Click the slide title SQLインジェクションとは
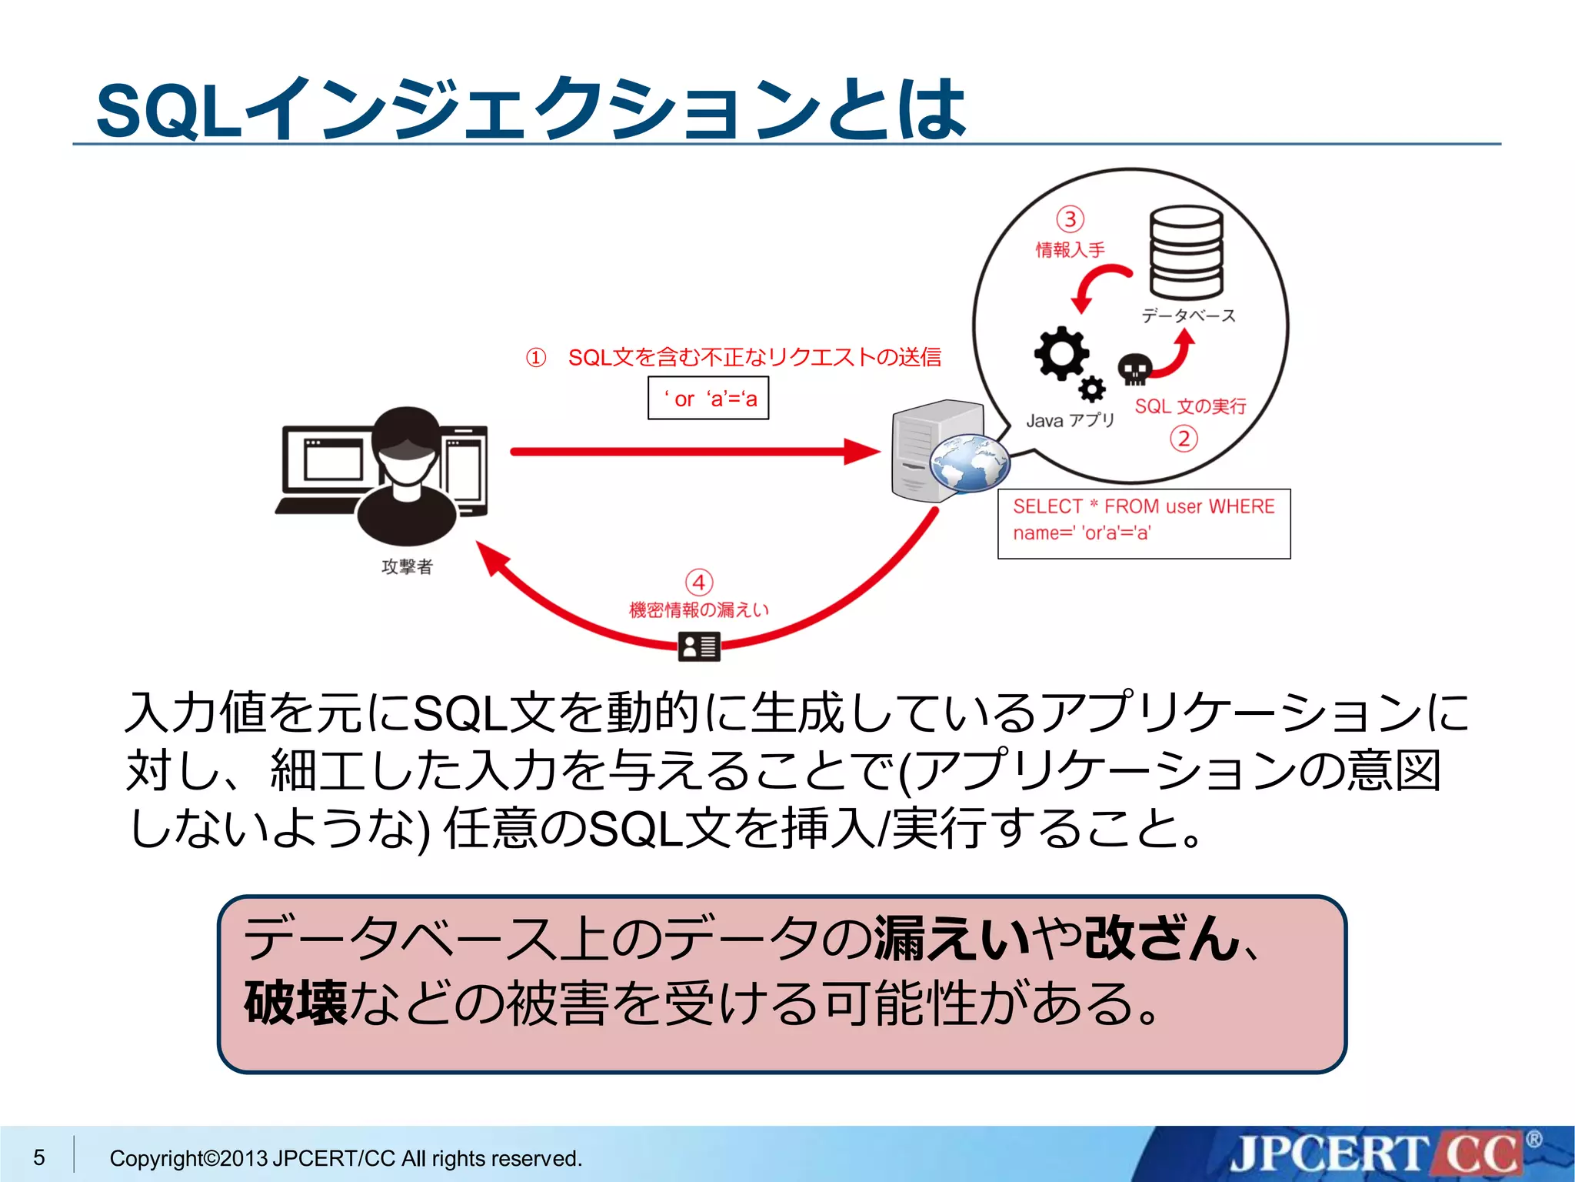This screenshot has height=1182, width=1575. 531,109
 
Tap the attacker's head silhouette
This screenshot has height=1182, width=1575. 406,442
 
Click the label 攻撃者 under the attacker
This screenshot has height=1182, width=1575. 407,567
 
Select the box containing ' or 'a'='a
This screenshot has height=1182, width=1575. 708,398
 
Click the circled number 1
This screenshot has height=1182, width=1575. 536,358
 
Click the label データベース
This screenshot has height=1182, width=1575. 1188,316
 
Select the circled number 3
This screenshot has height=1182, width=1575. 1070,219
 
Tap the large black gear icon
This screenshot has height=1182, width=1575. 1061,353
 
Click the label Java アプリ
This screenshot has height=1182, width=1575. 1070,420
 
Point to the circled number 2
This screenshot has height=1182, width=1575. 1184,439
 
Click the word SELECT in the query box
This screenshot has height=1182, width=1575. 1047,506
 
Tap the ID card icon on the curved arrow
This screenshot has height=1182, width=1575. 699,646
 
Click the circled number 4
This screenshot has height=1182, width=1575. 699,583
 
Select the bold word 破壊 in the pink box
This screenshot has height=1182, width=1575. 296,1003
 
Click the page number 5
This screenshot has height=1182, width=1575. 39,1157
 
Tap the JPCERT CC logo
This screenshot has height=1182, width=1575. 1377,1154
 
